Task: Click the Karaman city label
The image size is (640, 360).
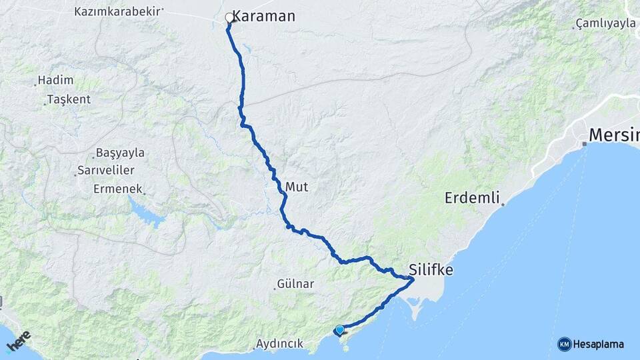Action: [263, 16]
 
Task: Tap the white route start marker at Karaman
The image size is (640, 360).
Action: [229, 18]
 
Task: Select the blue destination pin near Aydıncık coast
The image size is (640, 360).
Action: [340, 329]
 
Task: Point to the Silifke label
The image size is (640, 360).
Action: [431, 270]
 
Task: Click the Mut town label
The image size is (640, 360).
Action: [297, 187]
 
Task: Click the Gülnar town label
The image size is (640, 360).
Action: [297, 284]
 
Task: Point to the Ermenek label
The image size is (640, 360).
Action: [118, 189]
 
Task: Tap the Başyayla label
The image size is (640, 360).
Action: [120, 152]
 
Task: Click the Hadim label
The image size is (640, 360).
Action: [55, 80]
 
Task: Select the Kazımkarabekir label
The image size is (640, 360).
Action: [119, 11]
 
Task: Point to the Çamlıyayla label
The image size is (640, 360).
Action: [605, 23]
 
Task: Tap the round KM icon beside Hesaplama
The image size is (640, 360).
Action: [564, 344]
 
